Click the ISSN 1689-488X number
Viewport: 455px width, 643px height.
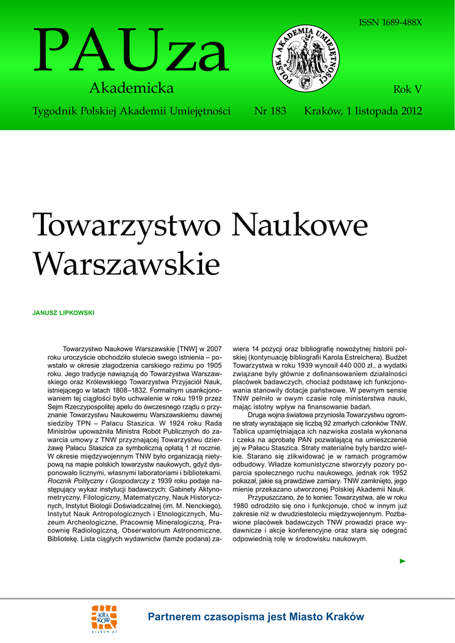click(x=390, y=22)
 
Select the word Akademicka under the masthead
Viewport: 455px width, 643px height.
click(x=131, y=88)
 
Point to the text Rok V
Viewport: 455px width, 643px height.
click(x=407, y=89)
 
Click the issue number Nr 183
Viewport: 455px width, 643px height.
click(x=270, y=111)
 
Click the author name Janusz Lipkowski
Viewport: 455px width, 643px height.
click(x=63, y=312)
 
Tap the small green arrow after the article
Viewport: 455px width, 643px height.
click(x=403, y=561)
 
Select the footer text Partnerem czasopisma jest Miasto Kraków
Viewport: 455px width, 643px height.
click(x=255, y=617)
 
